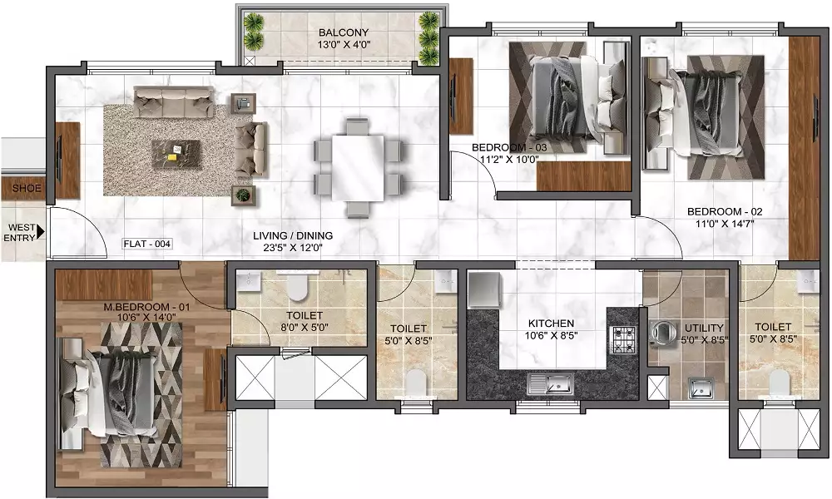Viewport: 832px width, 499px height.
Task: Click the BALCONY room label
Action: tap(344, 32)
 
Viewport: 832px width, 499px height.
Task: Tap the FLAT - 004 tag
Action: tap(147, 244)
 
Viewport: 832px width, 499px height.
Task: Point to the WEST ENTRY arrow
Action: tap(41, 232)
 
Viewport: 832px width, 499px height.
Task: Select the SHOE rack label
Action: tap(27, 188)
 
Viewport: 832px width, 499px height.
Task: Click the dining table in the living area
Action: tap(358, 167)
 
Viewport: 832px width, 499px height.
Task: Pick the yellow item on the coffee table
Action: tap(172, 156)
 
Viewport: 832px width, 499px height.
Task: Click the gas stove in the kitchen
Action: tap(623, 340)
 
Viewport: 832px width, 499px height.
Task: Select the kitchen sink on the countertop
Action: tap(550, 383)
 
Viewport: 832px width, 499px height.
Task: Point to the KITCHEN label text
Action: tap(551, 324)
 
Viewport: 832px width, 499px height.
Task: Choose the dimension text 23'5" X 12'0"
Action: tap(293, 248)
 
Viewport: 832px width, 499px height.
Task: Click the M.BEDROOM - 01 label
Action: tap(146, 307)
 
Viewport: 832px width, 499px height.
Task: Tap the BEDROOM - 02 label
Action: tap(725, 212)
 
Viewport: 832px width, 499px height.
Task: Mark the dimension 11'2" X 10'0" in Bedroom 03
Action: tap(509, 158)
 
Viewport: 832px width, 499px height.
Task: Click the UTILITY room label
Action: tap(704, 328)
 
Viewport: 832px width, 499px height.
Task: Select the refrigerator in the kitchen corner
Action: tap(484, 289)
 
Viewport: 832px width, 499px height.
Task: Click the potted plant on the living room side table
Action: tap(242, 195)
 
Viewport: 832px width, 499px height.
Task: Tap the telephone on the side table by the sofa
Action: tap(244, 103)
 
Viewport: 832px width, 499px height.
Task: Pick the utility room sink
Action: tap(701, 388)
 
